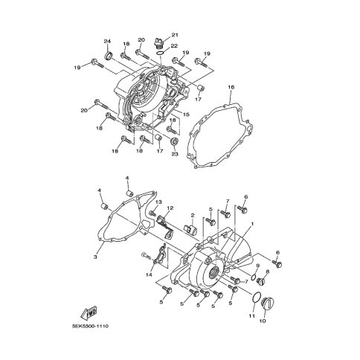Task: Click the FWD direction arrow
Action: point(89,313)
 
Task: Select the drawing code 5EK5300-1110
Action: point(90,326)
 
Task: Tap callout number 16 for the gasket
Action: point(231,87)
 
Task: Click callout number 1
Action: point(252,224)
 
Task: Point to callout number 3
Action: point(95,257)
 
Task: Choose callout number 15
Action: point(186,115)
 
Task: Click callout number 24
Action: point(107,41)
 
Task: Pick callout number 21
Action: point(175,35)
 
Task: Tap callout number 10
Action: point(263,321)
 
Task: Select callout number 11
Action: point(252,316)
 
